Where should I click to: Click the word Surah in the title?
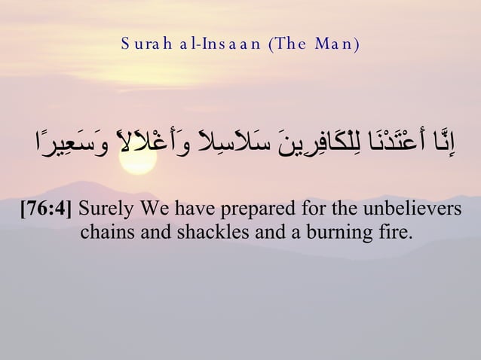145,43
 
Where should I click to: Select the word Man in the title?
337,43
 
